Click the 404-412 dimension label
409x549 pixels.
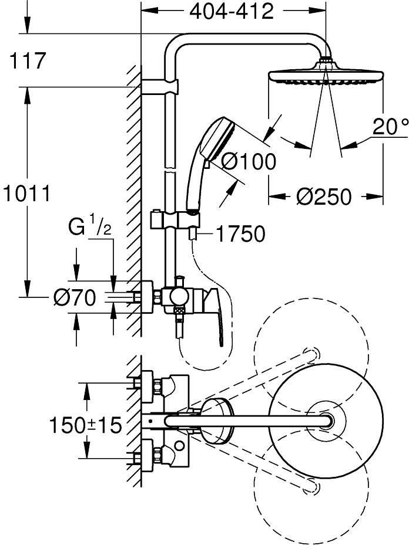(x=231, y=11)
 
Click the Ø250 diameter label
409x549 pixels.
(x=324, y=196)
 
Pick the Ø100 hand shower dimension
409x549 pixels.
(x=248, y=161)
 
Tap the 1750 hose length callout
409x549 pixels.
(x=239, y=234)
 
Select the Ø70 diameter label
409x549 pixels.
(x=74, y=299)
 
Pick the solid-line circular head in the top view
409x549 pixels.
(x=325, y=419)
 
